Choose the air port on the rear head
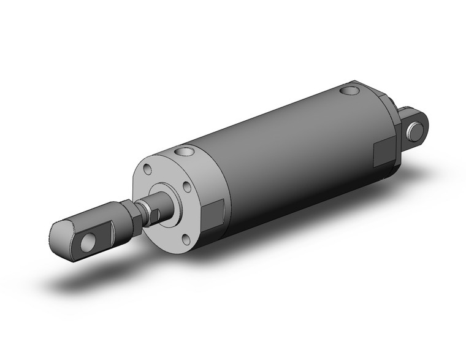pyautogui.click(x=350, y=93)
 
